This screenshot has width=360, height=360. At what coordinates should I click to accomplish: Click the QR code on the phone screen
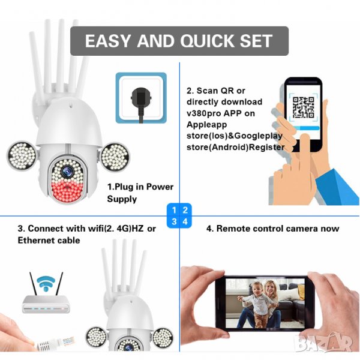click(x=303, y=107)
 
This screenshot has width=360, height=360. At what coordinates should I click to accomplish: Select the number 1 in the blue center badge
click(x=174, y=210)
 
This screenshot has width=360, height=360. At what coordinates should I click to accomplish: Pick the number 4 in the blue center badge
click(x=185, y=222)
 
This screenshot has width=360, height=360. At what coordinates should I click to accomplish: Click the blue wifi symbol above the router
click(x=46, y=284)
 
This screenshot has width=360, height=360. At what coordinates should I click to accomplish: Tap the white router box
click(x=46, y=304)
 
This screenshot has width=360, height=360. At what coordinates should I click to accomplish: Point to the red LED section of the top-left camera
click(x=67, y=191)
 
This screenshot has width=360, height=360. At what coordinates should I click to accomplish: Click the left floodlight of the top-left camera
click(x=22, y=156)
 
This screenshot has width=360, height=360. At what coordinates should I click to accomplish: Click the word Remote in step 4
click(x=232, y=229)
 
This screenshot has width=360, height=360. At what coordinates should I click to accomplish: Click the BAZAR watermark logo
click(x=323, y=343)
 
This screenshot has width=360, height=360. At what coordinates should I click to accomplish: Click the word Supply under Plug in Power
click(x=122, y=199)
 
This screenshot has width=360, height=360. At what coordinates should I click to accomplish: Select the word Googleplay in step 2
click(x=259, y=136)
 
